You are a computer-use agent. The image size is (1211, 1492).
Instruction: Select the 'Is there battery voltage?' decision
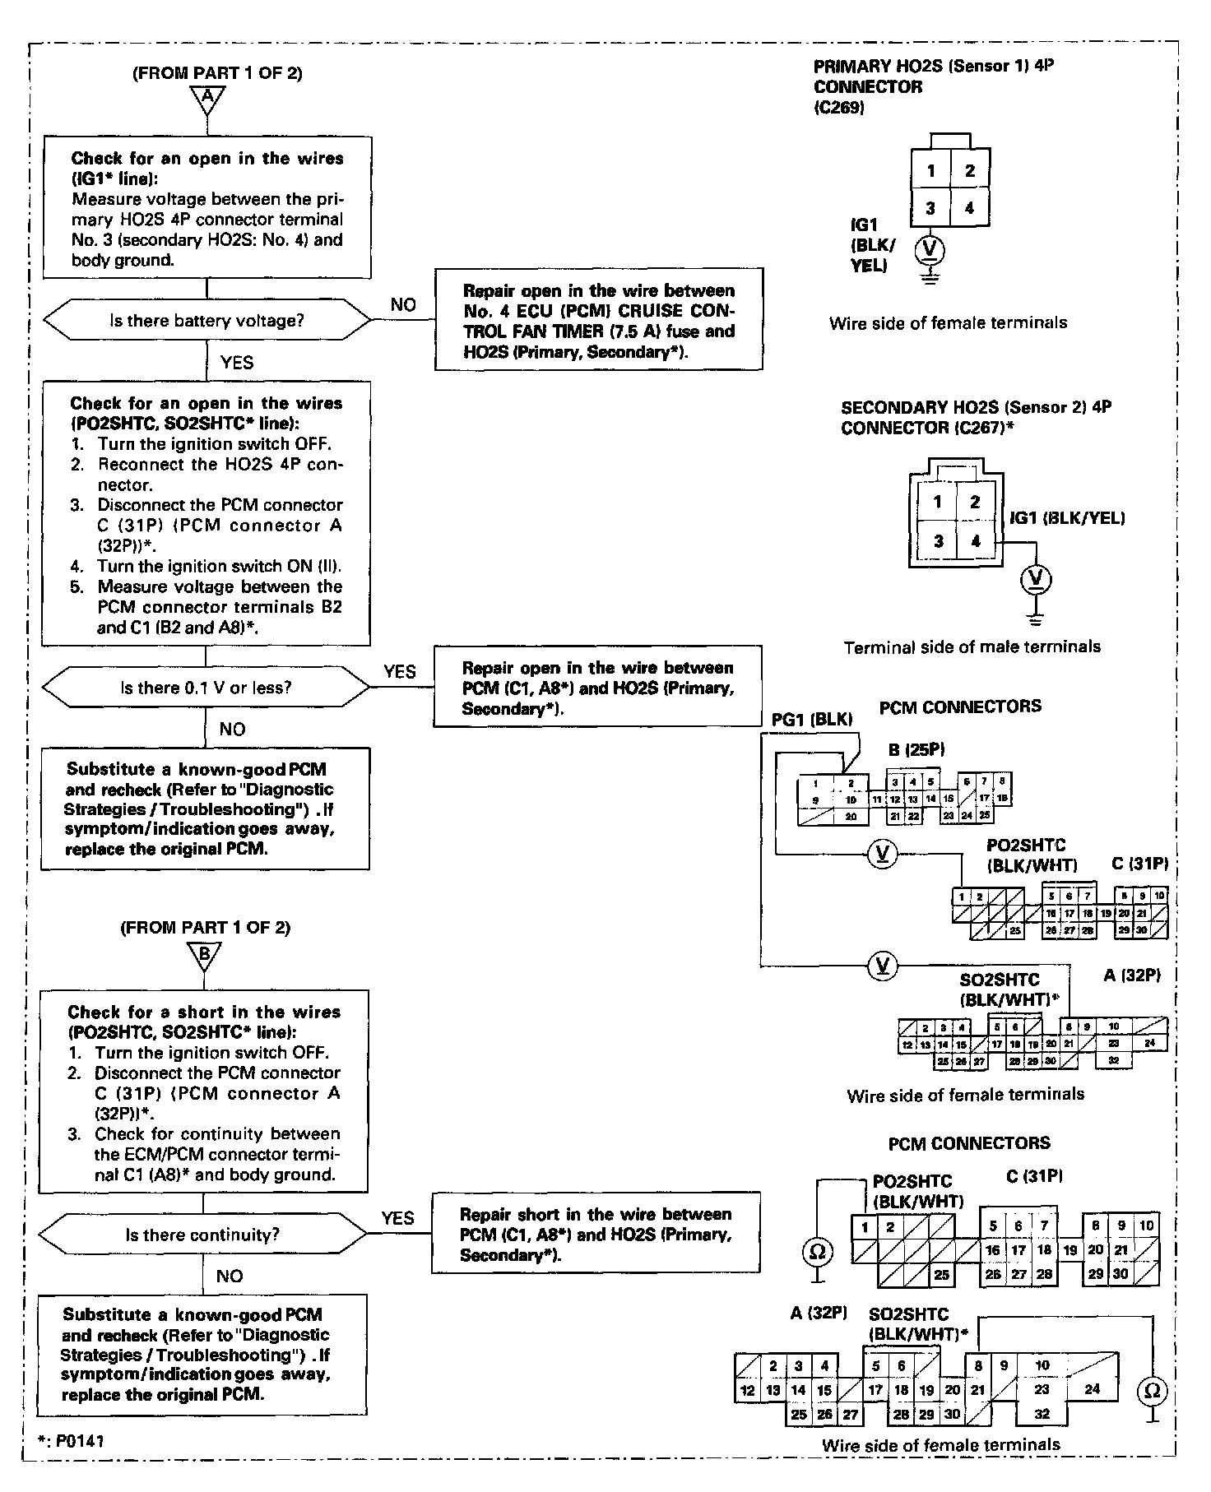coord(206,320)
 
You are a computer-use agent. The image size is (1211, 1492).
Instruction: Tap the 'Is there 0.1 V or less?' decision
coord(206,687)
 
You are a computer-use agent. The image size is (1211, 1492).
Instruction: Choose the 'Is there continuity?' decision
coord(203,1235)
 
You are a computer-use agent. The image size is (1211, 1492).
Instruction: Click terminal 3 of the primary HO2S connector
coord(930,208)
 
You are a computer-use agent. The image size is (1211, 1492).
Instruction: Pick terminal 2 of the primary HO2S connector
coord(970,170)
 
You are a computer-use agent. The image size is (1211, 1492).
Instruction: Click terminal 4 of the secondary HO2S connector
coord(976,541)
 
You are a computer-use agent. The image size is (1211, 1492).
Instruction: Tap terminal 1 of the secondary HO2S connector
coord(937,502)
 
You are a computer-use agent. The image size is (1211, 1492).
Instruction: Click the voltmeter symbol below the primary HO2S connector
coord(930,248)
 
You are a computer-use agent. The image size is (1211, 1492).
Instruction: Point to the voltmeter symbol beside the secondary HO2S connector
coord(1036,580)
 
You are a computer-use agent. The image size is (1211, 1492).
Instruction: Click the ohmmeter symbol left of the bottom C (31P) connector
coord(817,1252)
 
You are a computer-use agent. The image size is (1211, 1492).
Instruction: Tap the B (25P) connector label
coord(916,749)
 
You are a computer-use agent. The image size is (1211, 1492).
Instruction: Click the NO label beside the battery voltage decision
coord(403,304)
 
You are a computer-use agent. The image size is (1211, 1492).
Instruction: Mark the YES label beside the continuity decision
coord(398,1217)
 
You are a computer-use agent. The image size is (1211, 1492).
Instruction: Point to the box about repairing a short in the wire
coord(595,1234)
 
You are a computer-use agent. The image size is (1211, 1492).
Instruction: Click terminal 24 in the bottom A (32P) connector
coord(1092,1388)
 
